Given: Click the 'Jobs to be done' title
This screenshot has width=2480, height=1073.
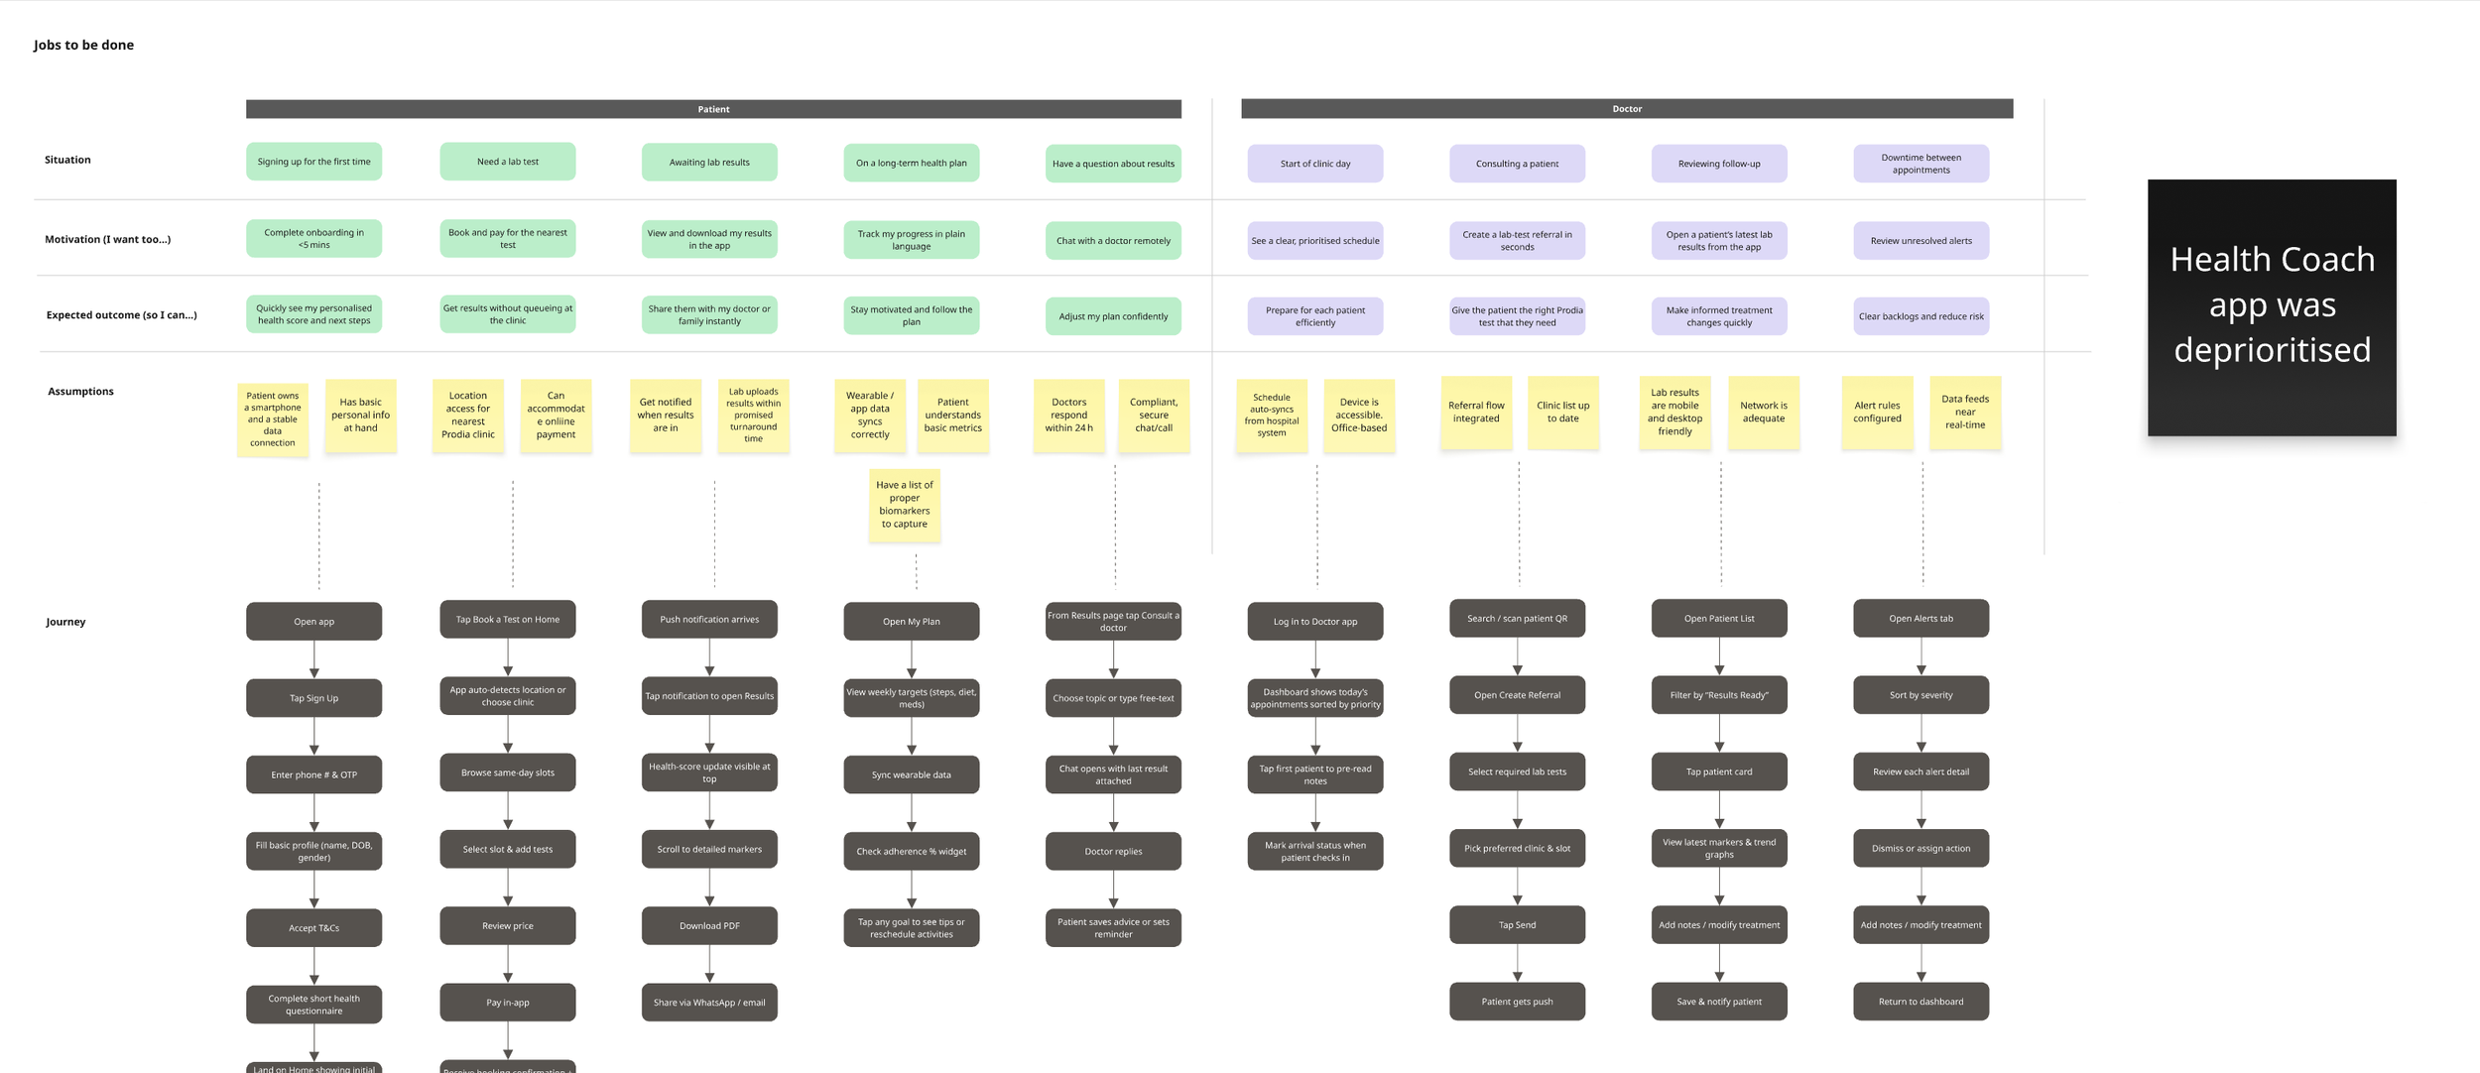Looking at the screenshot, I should coord(83,45).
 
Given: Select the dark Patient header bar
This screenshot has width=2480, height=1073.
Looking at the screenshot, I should coord(713,109).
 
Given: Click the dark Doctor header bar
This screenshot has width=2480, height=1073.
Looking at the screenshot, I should coord(1626,109).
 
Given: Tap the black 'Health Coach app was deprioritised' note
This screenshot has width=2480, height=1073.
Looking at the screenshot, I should coord(2271,306).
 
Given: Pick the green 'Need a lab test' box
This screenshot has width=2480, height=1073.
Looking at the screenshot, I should coord(507,162).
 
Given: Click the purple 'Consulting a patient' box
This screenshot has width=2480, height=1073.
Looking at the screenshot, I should coord(1516,164).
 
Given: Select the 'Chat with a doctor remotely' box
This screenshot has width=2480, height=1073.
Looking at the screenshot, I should coord(1112,240).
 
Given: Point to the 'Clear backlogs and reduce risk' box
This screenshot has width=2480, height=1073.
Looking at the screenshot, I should coord(1920,316).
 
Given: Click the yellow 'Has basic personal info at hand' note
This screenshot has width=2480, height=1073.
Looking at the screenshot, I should coord(360,416).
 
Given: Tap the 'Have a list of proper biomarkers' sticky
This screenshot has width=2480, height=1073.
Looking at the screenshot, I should coord(904,505).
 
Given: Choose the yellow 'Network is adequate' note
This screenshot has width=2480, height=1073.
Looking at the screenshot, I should coord(1762,412).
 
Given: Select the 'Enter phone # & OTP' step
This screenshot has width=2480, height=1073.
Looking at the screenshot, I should coord(313,775).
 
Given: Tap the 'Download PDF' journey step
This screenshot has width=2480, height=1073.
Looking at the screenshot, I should coord(708,925).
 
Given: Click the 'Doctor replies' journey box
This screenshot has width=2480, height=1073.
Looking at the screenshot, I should coord(1112,851).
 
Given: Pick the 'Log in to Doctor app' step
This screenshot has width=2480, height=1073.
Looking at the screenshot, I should coord(1314,621).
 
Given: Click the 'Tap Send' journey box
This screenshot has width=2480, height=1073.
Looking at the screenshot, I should coord(1516,924).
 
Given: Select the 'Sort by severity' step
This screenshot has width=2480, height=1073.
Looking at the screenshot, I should coord(1920,695).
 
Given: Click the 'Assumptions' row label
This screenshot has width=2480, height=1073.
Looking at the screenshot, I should coord(80,392).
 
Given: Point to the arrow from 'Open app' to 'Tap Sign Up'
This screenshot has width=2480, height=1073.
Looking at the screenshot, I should coord(313,659).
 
